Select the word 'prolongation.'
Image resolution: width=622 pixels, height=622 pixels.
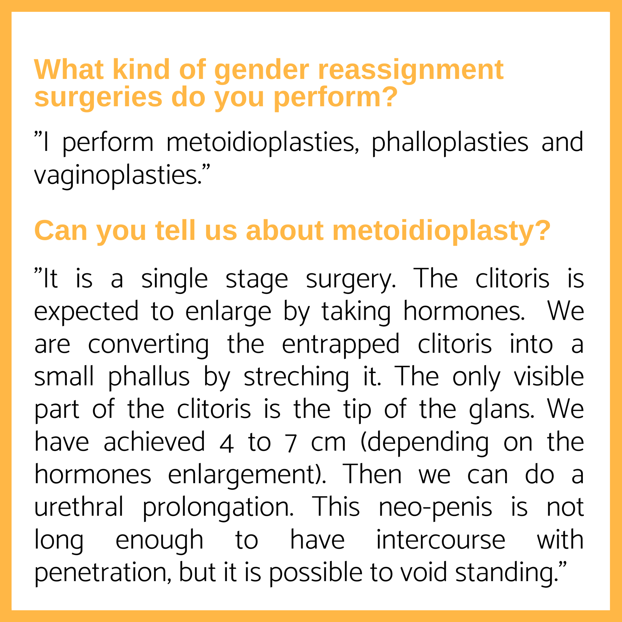218,508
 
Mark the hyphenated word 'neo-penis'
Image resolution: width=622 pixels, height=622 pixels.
435,508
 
